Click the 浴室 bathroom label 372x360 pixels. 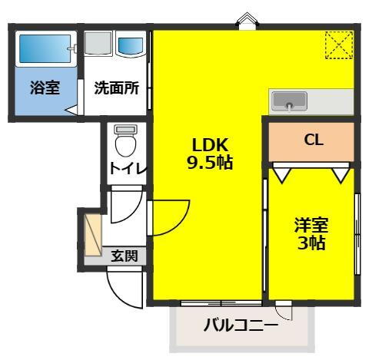(44, 88)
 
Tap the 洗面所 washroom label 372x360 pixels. (116, 88)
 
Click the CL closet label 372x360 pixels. (312, 140)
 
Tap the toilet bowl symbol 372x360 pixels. (124, 144)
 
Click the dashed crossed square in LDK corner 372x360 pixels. (338, 45)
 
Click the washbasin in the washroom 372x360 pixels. (131, 46)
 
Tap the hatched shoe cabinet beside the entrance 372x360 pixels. (93, 233)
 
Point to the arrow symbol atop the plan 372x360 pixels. (247, 18)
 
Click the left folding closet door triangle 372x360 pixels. (281, 176)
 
